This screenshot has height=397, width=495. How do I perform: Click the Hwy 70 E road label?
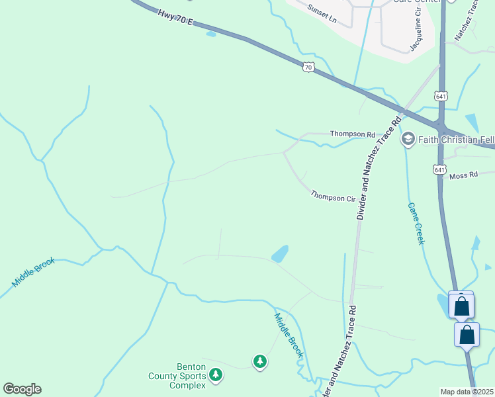175,18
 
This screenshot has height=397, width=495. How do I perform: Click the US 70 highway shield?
308,66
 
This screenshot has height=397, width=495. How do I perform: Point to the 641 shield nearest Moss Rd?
440,170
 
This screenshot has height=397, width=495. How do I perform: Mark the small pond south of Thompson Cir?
280,253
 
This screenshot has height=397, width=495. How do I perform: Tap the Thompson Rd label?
352,134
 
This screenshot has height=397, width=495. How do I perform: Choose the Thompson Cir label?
334,197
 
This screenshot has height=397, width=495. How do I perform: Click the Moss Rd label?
463,175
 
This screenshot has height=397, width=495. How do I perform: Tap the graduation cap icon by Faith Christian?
408,138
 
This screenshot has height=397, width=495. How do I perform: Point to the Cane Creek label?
415,224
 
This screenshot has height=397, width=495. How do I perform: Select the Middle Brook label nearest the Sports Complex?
289,335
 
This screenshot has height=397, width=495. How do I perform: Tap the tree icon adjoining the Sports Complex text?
215,375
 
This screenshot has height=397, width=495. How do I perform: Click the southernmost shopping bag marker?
467,335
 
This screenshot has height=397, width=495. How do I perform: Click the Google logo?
22,389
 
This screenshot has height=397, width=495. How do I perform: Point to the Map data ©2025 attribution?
467,392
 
